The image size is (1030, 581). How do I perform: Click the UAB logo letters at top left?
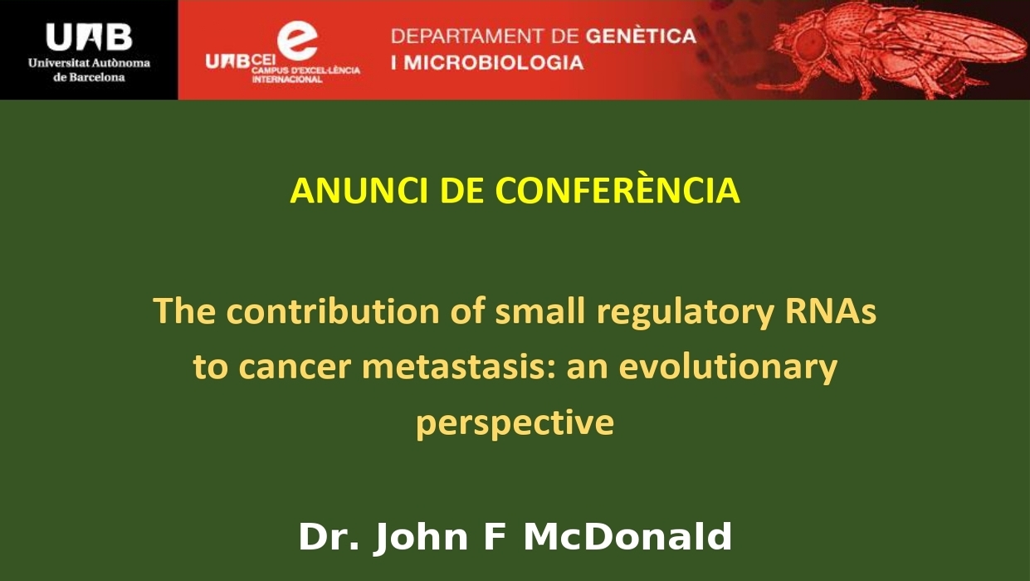click(x=89, y=37)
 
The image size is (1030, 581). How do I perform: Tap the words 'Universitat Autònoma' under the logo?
click(x=89, y=63)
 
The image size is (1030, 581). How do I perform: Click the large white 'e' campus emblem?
click(x=297, y=40)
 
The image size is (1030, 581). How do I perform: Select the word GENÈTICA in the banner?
click(x=641, y=37)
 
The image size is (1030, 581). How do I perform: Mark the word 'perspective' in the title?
click(x=515, y=423)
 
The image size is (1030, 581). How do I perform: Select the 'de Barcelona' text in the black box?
click(x=89, y=77)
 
